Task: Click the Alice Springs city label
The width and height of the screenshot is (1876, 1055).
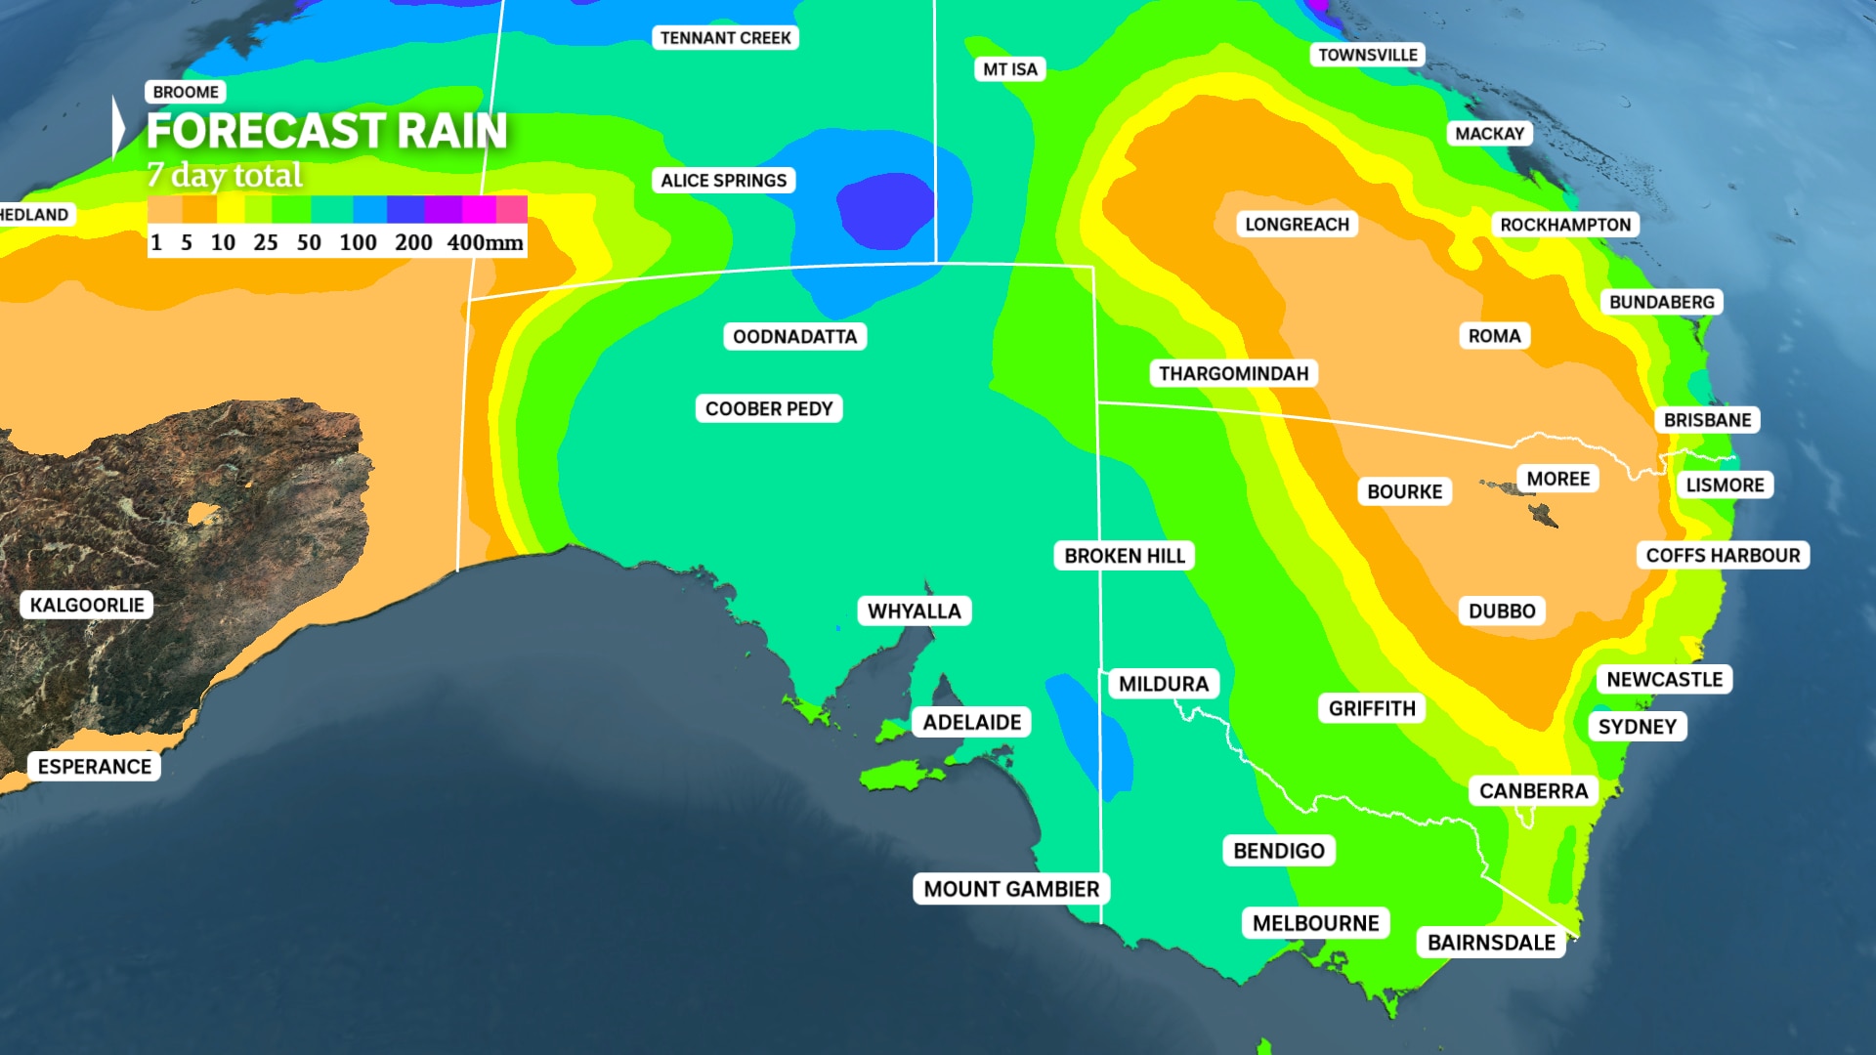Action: [x=723, y=181]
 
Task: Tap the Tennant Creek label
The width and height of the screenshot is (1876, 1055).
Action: [x=725, y=38]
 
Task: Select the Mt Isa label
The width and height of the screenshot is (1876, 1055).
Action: [x=1009, y=69]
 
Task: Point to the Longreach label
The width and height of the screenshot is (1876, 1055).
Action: [x=1297, y=225]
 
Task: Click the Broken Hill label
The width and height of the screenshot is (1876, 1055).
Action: [x=1124, y=556]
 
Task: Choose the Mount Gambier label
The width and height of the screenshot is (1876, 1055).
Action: [x=1011, y=889]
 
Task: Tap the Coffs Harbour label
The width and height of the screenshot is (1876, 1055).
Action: [x=1722, y=556]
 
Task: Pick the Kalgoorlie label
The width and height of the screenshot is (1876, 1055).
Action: [x=87, y=605]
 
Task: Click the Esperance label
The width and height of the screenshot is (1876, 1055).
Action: [x=94, y=767]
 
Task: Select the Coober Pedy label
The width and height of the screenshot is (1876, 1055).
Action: [x=768, y=409]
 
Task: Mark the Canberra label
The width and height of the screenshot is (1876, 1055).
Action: [x=1533, y=791]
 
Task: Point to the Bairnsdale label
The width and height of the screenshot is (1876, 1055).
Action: [x=1490, y=943]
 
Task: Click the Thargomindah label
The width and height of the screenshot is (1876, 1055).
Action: [x=1233, y=374]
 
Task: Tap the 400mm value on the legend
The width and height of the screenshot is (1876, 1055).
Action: [x=485, y=242]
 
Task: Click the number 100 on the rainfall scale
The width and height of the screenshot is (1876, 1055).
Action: [x=358, y=242]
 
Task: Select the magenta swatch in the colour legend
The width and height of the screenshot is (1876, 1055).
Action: [x=479, y=209]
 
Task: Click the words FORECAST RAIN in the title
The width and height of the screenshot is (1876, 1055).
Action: [x=326, y=131]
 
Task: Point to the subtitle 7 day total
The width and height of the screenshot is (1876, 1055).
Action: [x=225, y=176]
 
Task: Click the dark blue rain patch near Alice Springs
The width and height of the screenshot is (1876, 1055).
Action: [x=884, y=209]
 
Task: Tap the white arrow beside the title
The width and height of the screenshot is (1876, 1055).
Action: [x=118, y=127]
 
